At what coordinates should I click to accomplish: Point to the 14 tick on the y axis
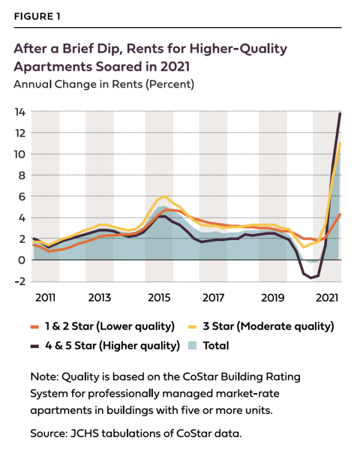(20, 112)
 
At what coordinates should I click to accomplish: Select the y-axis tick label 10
(20, 154)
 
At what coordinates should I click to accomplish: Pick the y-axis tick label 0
(22, 260)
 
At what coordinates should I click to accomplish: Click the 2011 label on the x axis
(45, 298)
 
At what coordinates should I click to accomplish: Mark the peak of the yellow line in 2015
(165, 196)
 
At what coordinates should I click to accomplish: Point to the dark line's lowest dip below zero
(312, 278)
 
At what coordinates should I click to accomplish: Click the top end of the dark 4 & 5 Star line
(340, 113)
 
